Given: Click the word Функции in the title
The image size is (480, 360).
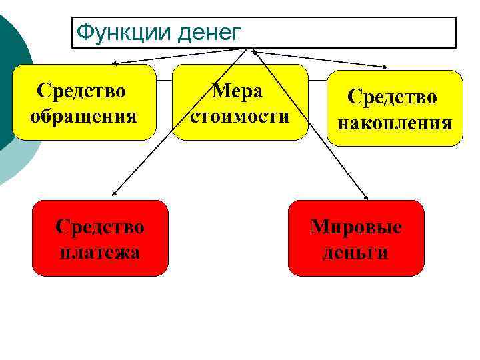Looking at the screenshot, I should click(113, 32).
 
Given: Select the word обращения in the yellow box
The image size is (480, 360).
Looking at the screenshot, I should click(83, 117).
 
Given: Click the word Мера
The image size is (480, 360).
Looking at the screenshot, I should click(238, 91).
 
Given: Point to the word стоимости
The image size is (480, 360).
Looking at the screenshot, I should click(239, 117).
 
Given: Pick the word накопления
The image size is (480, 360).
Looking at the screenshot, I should click(395, 123).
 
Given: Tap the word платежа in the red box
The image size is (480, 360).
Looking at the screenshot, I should click(100, 253).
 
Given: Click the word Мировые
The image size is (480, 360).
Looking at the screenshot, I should click(356, 227).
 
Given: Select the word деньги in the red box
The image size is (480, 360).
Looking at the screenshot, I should click(355, 253).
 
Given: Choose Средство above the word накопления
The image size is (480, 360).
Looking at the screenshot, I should click(392, 97).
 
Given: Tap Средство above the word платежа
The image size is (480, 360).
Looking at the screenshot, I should click(100, 227).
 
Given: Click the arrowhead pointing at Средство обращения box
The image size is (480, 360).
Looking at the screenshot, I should click(114, 63).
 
